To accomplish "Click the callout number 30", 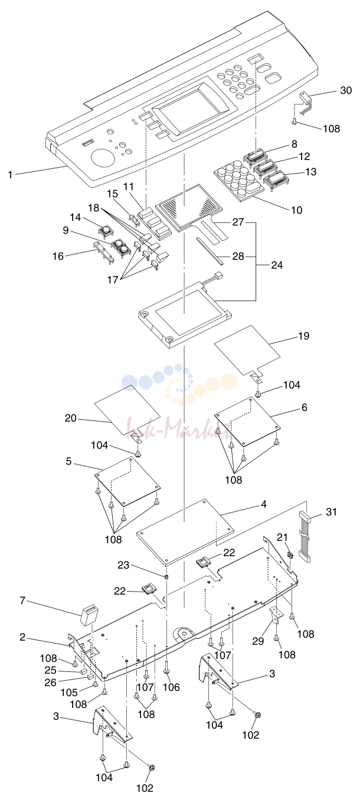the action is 346,90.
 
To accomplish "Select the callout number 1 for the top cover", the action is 11,175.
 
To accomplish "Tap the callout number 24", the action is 277,265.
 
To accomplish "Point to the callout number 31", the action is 331,511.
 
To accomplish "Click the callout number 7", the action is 22,600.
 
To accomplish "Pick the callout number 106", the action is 171,687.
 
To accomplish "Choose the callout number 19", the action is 303,336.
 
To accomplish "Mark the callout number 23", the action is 123,565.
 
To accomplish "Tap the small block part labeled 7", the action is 88,615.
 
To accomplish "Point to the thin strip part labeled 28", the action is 210,250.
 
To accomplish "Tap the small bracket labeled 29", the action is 276,615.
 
